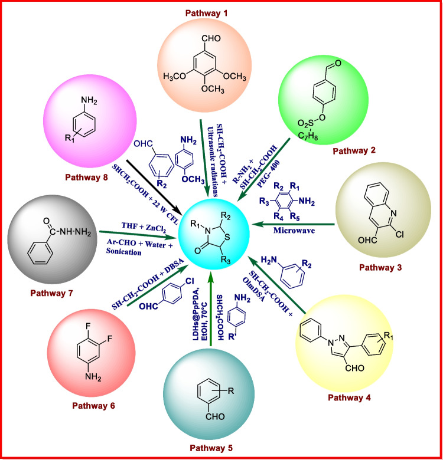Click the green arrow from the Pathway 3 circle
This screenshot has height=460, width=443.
(295, 224)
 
